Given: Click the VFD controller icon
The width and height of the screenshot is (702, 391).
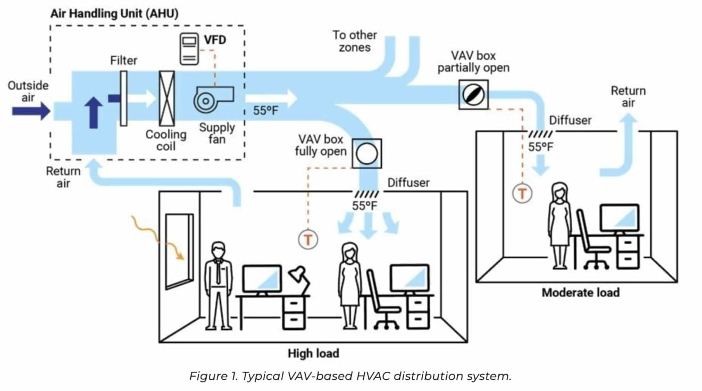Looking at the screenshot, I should coord(189,49).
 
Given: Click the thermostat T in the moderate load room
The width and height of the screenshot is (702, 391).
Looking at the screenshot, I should coord(522,193).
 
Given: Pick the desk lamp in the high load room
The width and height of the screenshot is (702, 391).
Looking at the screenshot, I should coord(298,279).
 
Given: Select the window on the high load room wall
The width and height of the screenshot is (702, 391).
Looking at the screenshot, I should coord(179,251).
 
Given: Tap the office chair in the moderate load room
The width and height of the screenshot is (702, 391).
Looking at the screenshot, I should coord(592,239).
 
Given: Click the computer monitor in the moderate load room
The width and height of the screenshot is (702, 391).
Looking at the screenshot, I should coord(619,219).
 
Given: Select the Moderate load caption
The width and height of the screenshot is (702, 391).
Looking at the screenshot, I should coord(580,293).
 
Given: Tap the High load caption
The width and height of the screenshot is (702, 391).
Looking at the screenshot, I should coord(313,353).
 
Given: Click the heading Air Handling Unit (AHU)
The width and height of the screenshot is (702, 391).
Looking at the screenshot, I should coord(114,13).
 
